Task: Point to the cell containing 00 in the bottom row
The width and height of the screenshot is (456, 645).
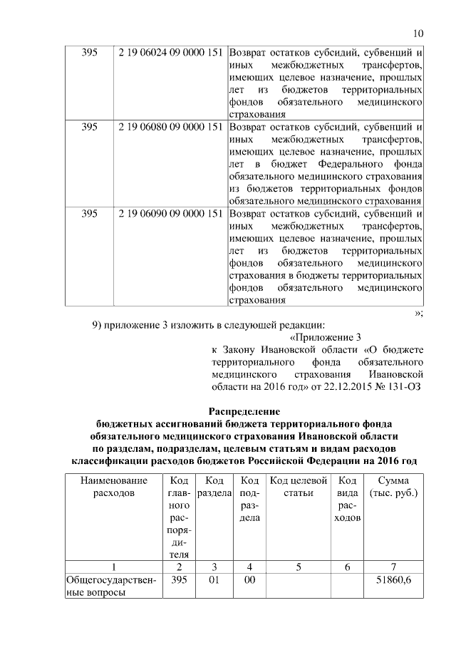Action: pyautogui.click(x=249, y=582)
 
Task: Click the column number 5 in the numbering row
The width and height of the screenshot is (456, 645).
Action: pyautogui.click(x=299, y=567)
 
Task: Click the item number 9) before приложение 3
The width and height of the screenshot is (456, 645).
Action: pyautogui.click(x=99, y=325)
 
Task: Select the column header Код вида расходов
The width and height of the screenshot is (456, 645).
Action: pyautogui.click(x=348, y=498)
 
